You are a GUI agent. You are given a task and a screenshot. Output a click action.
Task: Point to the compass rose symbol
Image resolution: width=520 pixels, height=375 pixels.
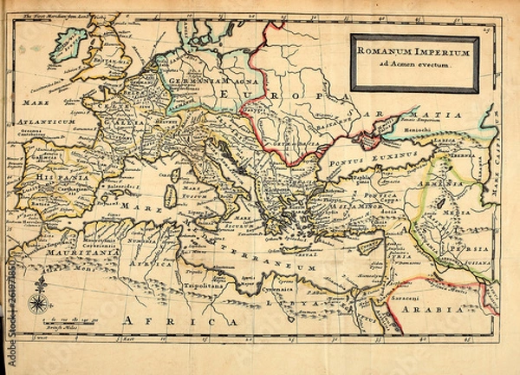(38, 302)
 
